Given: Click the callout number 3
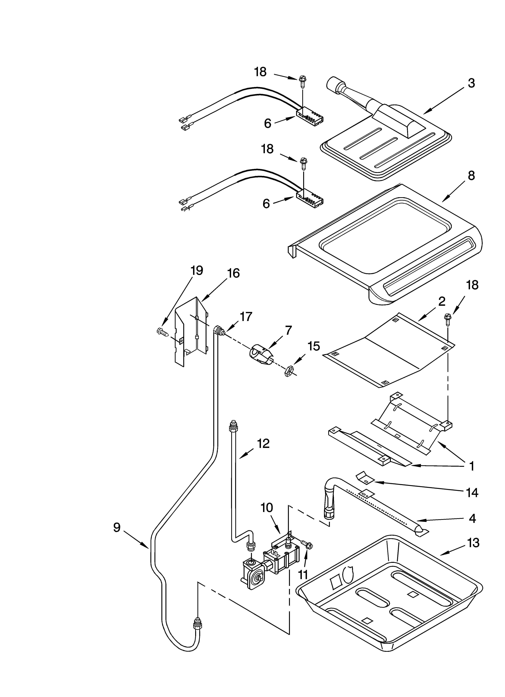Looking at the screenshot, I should (x=471, y=83).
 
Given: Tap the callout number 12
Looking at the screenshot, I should (x=263, y=443).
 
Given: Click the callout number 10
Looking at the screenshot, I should (x=267, y=508).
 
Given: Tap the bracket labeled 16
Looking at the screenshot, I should (x=191, y=332).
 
